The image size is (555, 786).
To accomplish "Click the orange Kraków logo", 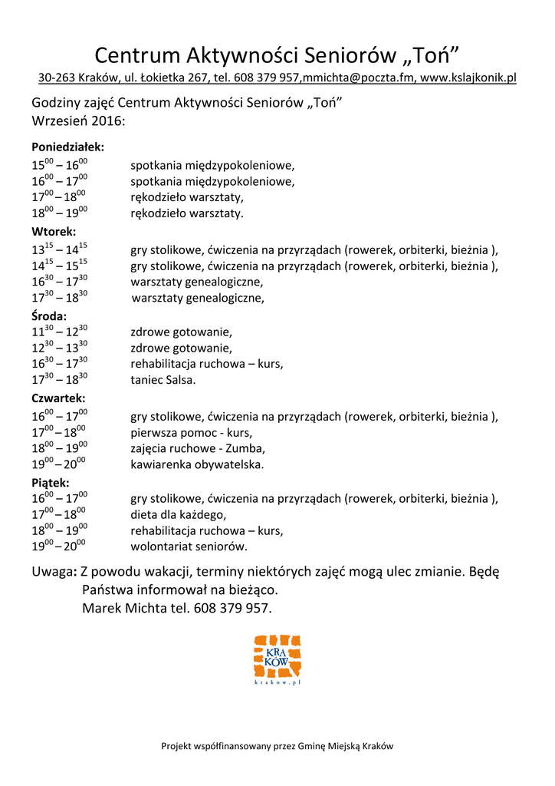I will (x=277, y=659).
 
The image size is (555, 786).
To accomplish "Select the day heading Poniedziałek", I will (x=67, y=147).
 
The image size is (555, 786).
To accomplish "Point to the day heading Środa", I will (x=49, y=315).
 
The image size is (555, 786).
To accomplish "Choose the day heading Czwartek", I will (x=58, y=399).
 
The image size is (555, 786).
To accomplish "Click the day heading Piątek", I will (x=51, y=483).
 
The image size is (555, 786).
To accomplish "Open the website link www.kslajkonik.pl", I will (x=468, y=78).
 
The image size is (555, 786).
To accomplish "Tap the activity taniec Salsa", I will (x=163, y=380).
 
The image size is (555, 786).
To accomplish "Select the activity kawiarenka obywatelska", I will (x=197, y=464).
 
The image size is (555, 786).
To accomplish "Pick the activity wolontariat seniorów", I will (x=189, y=547).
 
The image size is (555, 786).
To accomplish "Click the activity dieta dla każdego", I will (x=179, y=515).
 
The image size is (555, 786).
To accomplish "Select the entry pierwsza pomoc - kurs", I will (x=191, y=433).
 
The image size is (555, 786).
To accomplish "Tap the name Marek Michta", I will (x=120, y=609).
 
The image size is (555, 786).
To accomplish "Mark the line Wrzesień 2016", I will (x=77, y=121).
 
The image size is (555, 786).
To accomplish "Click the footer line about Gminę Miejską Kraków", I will (x=277, y=746).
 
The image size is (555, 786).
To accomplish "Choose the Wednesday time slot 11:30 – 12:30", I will (x=60, y=332).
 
